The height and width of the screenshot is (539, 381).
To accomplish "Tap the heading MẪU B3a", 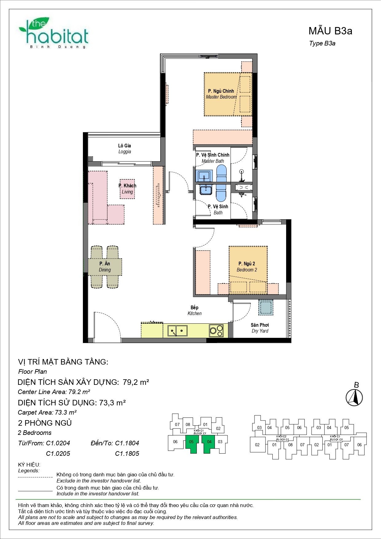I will tap(330, 31).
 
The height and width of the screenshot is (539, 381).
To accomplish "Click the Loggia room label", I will tap(125, 149).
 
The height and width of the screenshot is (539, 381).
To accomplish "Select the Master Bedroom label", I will tap(221, 94).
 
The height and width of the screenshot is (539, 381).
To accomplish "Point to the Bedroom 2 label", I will tap(247, 267).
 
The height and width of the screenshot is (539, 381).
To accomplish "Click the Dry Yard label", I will tap(260, 328).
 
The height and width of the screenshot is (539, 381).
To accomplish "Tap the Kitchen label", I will tap(194, 311).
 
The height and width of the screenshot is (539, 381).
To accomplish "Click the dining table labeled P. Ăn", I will tap(105, 267).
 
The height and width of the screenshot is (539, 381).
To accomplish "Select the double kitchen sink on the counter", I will tap(177, 331).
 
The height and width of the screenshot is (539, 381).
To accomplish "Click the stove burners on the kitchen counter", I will tap(216, 330).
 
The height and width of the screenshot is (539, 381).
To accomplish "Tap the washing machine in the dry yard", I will tap(265, 307).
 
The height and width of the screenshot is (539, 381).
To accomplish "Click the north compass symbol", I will tap(354, 397).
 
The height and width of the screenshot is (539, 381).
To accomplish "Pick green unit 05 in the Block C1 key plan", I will tap(191, 443).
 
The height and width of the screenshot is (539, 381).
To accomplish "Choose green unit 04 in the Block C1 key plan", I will tap(209, 443).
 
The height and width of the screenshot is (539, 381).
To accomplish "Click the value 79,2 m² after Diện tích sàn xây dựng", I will tap(136, 382).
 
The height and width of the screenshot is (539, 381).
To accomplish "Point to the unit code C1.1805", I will tap(127, 454).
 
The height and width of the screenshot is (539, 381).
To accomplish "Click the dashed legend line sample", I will tap(35, 477).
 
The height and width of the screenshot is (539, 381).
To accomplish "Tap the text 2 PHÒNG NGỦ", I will tap(45, 423).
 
